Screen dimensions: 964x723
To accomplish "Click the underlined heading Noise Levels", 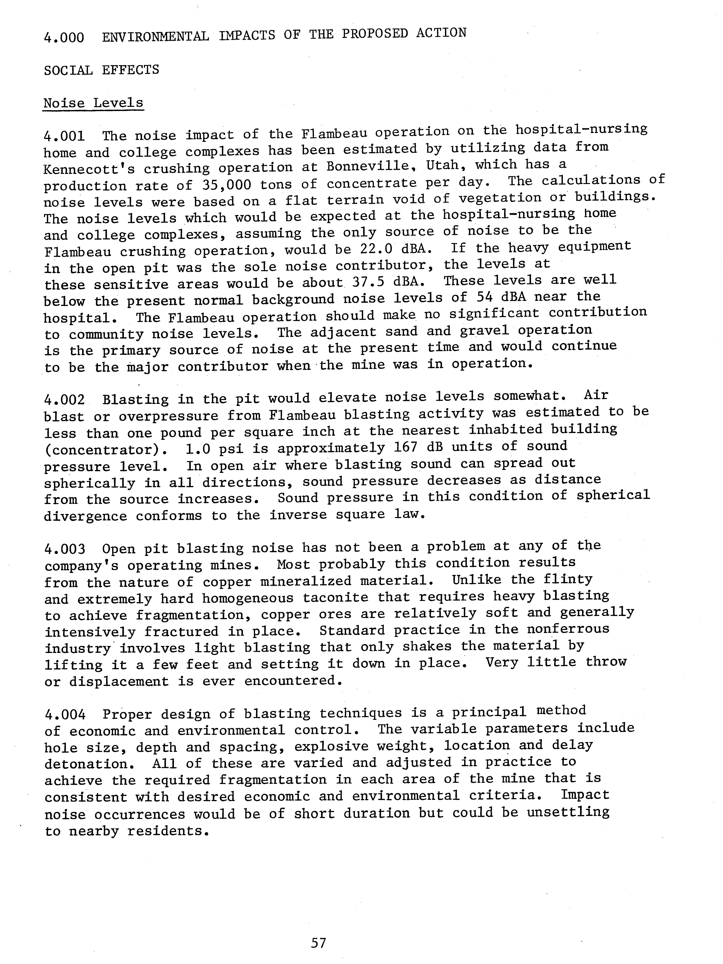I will click(93, 103).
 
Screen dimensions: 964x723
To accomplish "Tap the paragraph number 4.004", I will click(64, 715).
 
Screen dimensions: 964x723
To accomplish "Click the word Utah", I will click(443, 166).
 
